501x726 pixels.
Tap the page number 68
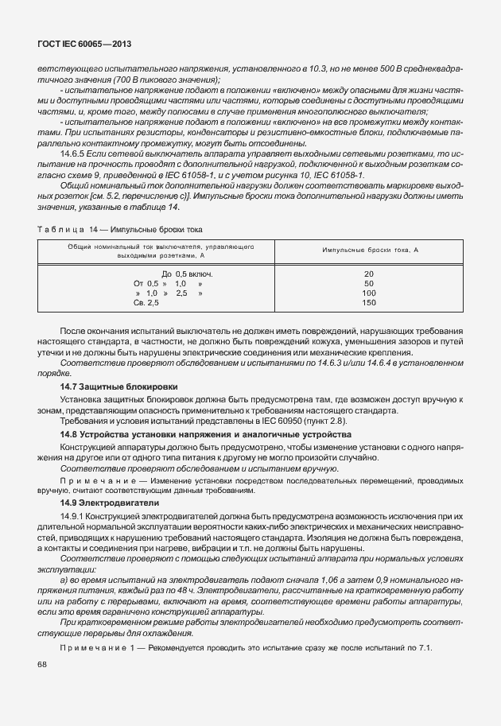coord(41,664)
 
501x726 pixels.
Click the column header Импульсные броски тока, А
coord(370,250)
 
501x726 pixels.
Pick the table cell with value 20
coord(369,274)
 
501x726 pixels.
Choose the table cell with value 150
coord(369,303)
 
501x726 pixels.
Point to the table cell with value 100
coord(369,293)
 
